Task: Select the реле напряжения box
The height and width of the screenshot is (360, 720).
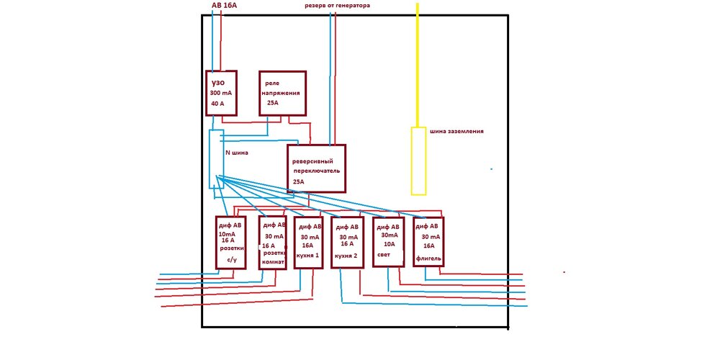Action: pyautogui.click(x=282, y=93)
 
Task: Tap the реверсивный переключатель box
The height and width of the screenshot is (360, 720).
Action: pyautogui.click(x=316, y=168)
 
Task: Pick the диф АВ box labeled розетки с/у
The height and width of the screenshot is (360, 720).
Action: pyautogui.click(x=231, y=243)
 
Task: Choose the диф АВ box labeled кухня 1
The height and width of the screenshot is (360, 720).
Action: pyautogui.click(x=308, y=242)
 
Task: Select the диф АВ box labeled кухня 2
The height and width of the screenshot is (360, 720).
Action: pyautogui.click(x=348, y=243)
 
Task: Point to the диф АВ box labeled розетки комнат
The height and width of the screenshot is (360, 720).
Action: pyautogui.click(x=272, y=243)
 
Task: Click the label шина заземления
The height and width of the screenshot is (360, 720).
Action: pyautogui.click(x=456, y=132)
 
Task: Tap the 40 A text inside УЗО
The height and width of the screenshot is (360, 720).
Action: pyautogui.click(x=217, y=104)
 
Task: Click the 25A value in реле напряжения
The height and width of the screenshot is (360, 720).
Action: pyautogui.click(x=273, y=103)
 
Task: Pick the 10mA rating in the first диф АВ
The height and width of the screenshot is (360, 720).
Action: pyautogui.click(x=228, y=234)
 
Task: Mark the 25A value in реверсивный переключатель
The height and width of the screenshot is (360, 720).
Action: pyautogui.click(x=299, y=182)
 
